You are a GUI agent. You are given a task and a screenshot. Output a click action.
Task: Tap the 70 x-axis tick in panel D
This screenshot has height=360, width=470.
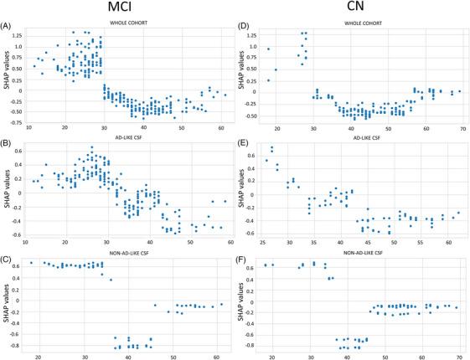(x=463, y=127)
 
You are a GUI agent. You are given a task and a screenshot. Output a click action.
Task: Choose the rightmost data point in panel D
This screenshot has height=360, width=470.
(x=460, y=91)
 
